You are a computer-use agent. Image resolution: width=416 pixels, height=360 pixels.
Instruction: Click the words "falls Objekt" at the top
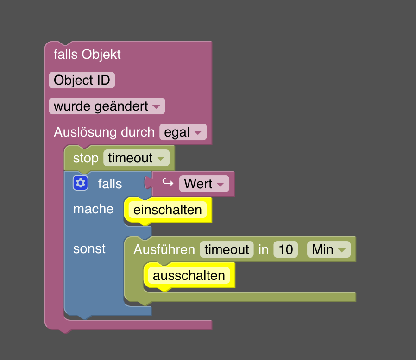coord(87,55)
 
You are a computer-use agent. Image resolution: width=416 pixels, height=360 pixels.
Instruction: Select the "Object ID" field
coord(82,81)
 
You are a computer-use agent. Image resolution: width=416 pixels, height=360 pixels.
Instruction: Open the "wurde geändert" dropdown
coord(107,106)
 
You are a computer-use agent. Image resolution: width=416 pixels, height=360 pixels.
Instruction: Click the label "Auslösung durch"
coord(104,132)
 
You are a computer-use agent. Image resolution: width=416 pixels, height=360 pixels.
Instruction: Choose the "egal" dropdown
coord(183,132)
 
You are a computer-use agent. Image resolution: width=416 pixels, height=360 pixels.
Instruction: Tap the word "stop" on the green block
coord(86,158)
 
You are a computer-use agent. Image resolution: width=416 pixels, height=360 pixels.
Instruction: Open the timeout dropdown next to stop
coord(136,158)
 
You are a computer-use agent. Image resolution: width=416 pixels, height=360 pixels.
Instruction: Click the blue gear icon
coord(81,184)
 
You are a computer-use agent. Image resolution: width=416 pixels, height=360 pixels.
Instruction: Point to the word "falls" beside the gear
coord(110,184)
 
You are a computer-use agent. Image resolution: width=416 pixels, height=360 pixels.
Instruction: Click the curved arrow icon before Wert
coord(167,183)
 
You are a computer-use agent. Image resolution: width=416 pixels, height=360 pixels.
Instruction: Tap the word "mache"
coord(93,209)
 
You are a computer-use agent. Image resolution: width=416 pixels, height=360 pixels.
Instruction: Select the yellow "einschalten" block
coord(167,210)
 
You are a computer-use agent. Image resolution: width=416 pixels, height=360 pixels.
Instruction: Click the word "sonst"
coord(89,249)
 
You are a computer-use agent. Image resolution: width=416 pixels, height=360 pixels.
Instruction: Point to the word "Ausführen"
coord(164,250)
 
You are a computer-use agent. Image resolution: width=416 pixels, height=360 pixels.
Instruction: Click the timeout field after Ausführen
coord(227,250)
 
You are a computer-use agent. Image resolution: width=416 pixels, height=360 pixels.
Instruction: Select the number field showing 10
coord(286,250)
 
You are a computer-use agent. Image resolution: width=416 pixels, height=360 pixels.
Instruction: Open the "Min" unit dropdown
coord(328,250)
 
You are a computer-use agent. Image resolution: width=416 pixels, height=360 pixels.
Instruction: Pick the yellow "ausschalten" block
coord(189,276)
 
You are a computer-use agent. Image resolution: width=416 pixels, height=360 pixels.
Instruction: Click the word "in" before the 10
coord(264,250)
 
